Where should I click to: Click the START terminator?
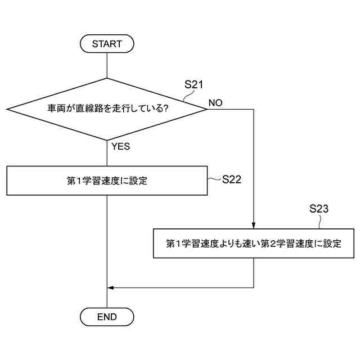click(107, 43)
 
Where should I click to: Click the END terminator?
click(107, 317)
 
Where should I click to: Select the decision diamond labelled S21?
click(106, 109)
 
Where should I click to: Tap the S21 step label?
click(193, 84)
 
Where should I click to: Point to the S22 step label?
click(232, 179)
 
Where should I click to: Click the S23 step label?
click(319, 209)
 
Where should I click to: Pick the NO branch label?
click(215, 103)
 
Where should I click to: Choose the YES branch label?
click(120, 146)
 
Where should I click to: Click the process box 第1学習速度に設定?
click(106, 181)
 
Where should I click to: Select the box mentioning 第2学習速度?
click(254, 244)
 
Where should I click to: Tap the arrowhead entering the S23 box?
click(254, 225)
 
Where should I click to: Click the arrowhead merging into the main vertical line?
click(110, 287)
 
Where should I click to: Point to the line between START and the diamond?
click(106, 64)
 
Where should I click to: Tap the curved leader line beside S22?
click(214, 179)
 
